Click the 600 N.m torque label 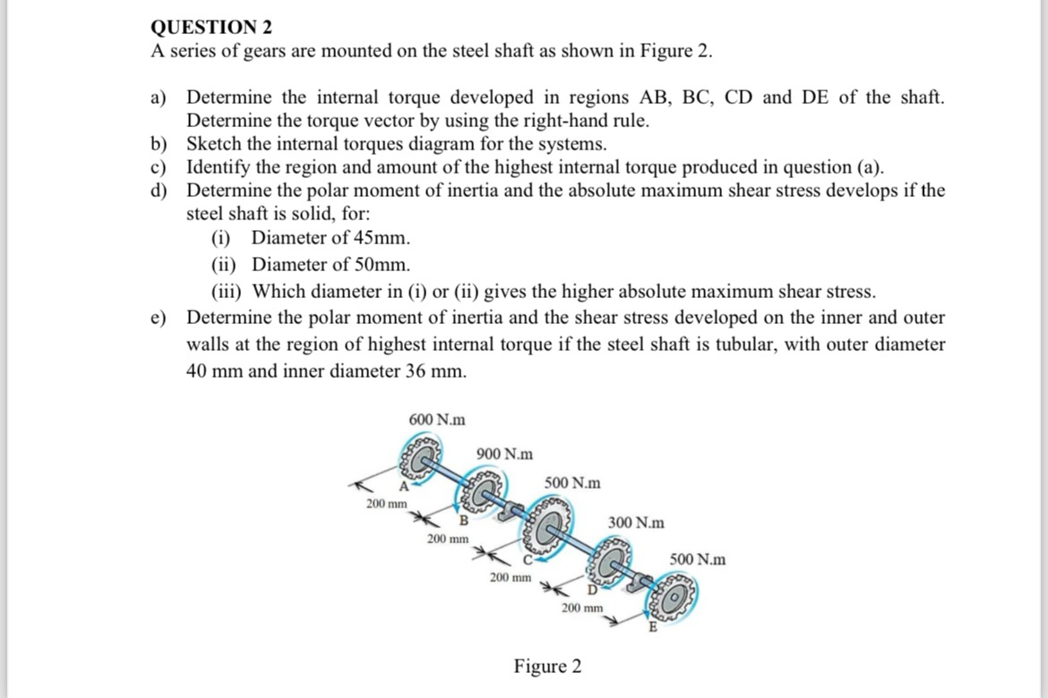click(436, 420)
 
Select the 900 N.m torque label click(505, 454)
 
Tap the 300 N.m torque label click(636, 522)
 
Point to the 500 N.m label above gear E click(698, 560)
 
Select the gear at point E click(674, 604)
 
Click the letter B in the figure click(464, 520)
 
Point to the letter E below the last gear click(653, 627)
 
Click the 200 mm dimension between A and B click(386, 504)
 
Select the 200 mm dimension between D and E click(582, 608)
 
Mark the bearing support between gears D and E click(640, 585)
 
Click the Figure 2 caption click(547, 667)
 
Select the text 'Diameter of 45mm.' click(331, 238)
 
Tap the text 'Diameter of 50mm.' click(331, 265)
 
